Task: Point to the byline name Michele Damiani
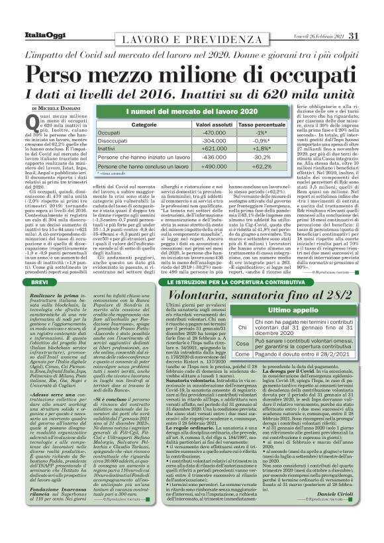(58, 108)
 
